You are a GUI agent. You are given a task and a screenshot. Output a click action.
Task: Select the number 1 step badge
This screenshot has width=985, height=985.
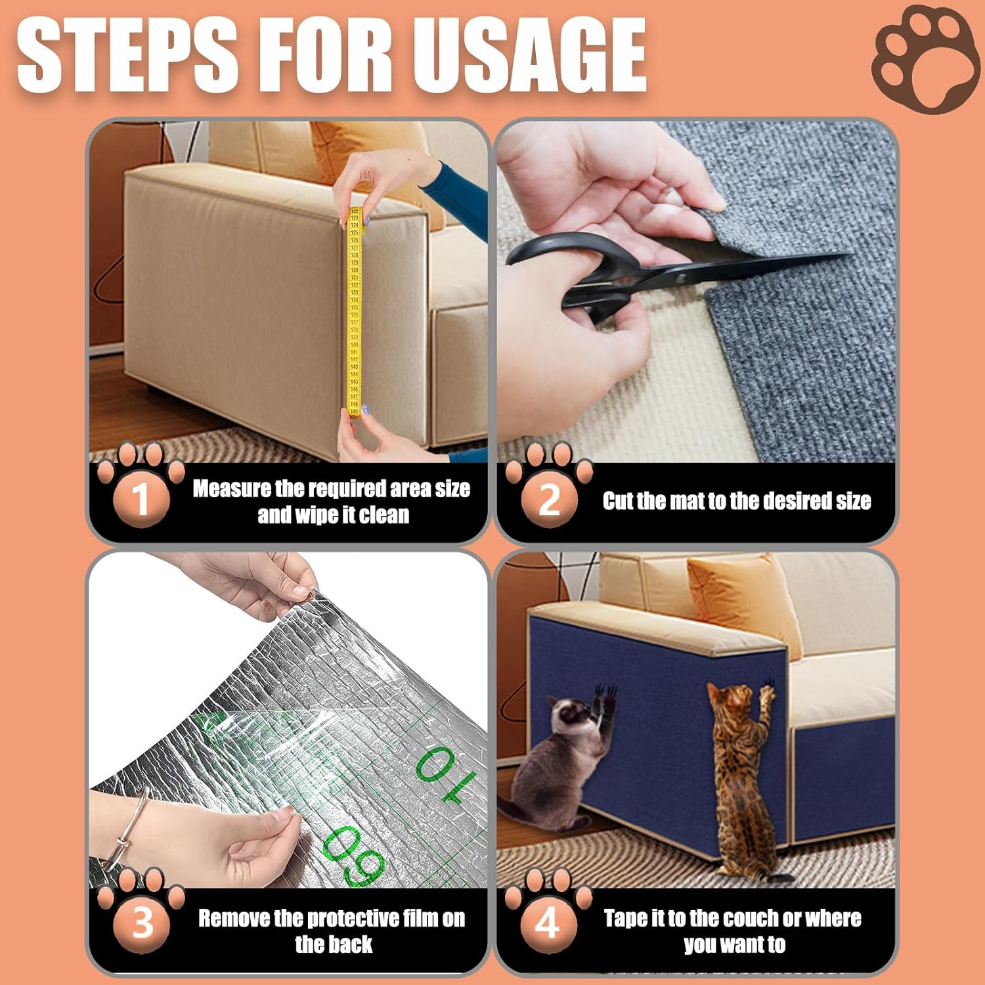141,498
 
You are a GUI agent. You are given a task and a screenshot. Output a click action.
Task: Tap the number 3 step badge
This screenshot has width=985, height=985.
142,923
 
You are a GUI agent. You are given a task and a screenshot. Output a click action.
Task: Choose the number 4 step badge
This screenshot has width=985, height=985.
548,923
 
